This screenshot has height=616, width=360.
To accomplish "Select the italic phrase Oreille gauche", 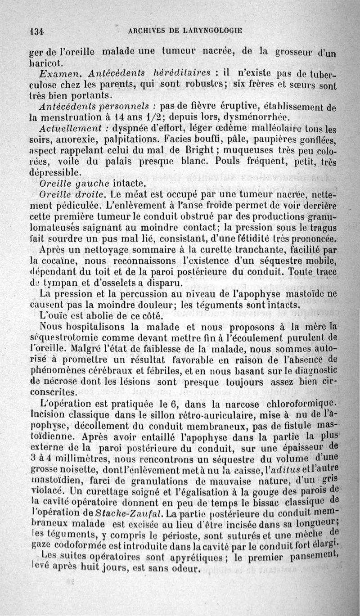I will [x=76, y=183].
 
